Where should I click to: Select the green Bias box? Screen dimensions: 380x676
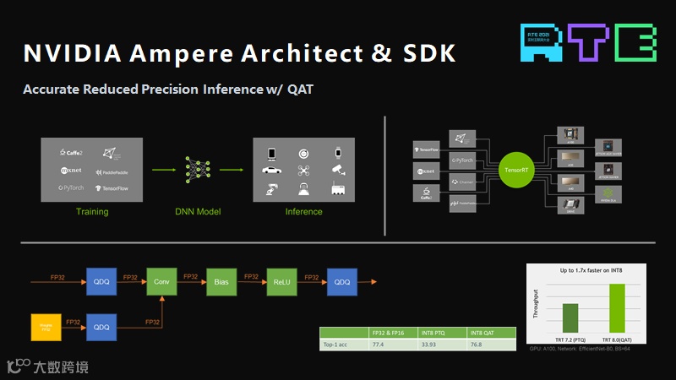221,281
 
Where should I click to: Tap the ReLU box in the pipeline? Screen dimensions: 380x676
281,281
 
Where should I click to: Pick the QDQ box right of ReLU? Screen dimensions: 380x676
342,281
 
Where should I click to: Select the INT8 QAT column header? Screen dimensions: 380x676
490,332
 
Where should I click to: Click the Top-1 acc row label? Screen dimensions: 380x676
337,344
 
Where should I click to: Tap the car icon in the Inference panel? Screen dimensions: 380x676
272,170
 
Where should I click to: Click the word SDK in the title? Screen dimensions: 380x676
426,53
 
